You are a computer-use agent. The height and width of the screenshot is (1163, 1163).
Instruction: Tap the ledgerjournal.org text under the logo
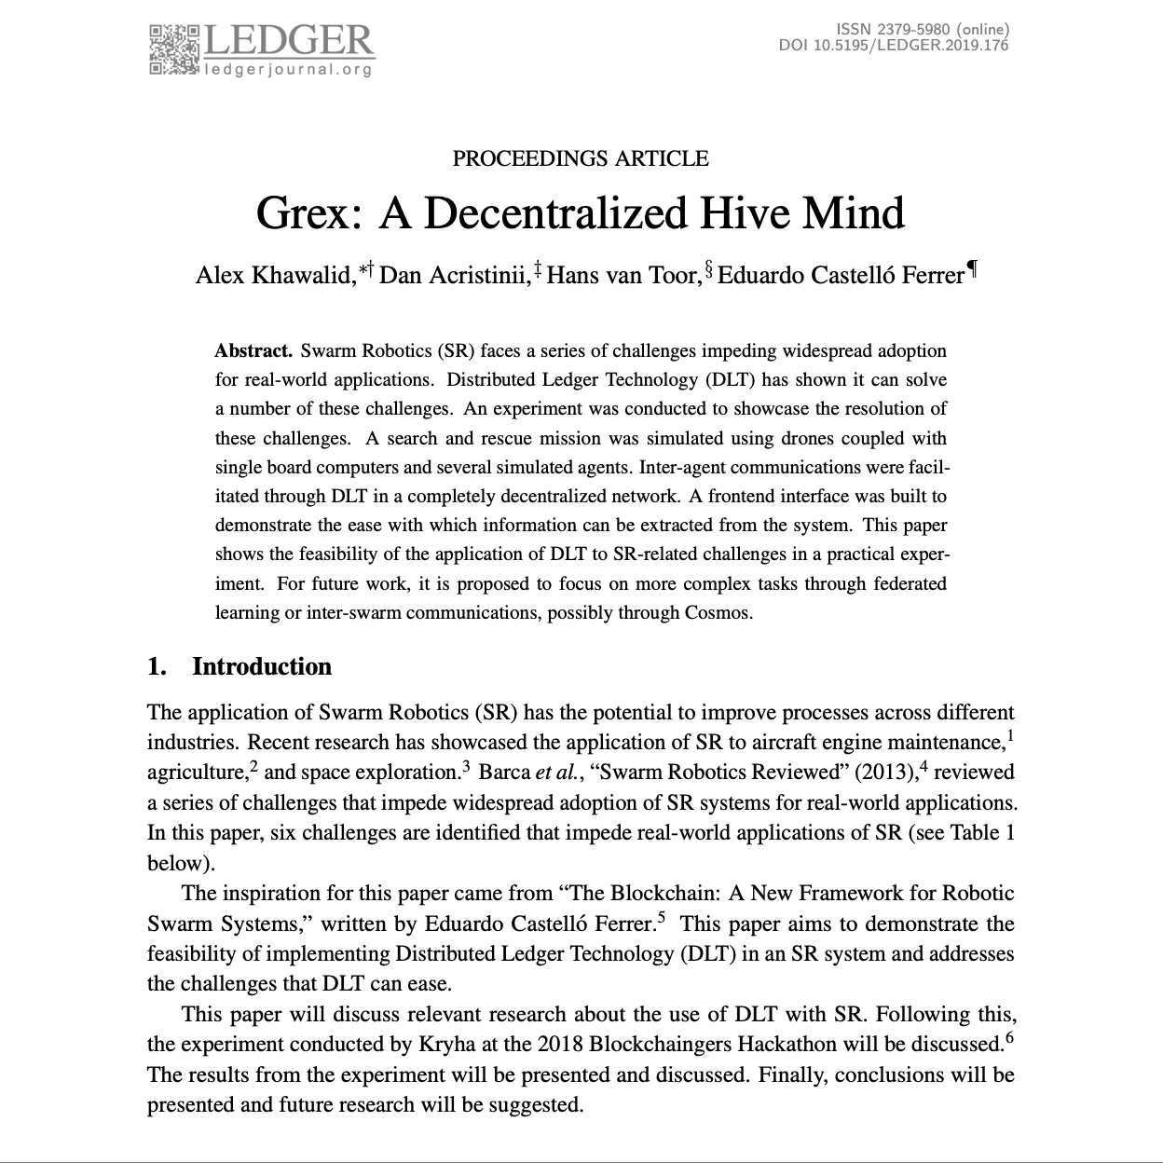click(288, 69)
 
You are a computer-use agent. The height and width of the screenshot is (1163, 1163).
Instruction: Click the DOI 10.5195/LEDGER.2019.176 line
click(893, 45)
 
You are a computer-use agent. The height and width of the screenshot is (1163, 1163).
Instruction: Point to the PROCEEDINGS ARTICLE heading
click(581, 158)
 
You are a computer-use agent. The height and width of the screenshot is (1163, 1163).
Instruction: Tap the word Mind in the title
click(854, 213)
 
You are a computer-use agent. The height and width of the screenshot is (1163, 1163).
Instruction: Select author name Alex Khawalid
click(273, 276)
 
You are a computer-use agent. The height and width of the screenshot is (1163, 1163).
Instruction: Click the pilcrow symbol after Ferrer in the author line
click(972, 271)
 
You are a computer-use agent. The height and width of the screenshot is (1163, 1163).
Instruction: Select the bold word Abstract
click(253, 351)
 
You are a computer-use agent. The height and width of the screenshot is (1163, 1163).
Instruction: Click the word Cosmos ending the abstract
click(719, 613)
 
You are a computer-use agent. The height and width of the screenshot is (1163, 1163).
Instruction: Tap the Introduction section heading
click(262, 666)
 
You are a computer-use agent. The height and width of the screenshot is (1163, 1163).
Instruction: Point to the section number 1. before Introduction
click(157, 666)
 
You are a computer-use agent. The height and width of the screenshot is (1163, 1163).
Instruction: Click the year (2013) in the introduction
click(881, 773)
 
